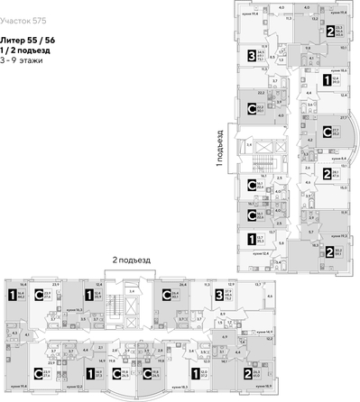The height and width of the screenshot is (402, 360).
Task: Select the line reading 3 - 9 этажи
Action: coord(26,61)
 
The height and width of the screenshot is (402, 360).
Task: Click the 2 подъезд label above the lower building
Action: coord(132,260)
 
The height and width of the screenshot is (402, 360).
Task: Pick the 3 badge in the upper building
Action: coord(250,57)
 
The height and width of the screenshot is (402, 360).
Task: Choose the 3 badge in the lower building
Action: coord(218,294)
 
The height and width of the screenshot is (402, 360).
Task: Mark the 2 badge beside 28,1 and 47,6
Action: coord(327,173)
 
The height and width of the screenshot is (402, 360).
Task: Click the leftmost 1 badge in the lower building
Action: coord(12,294)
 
